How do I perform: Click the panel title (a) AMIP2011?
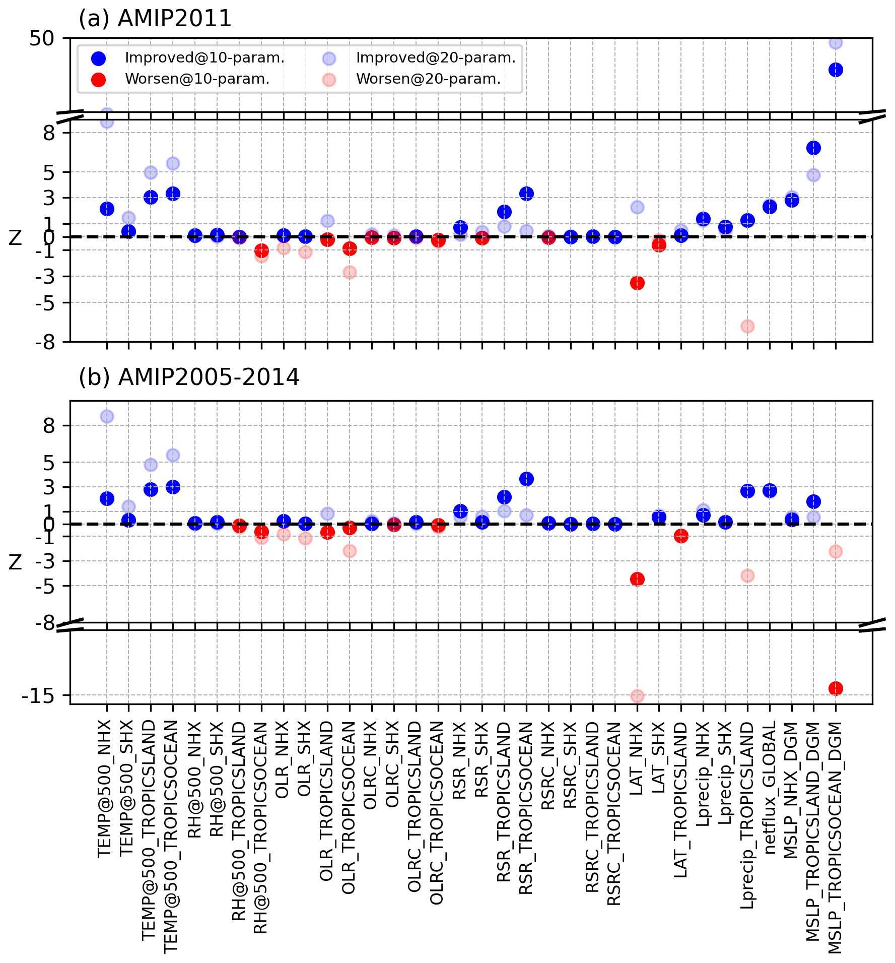155,19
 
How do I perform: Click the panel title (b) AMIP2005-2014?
189,377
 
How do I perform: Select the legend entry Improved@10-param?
204,58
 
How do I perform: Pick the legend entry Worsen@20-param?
428,79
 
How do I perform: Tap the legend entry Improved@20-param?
436,58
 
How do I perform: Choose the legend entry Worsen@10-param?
197,79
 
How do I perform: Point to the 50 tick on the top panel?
41,38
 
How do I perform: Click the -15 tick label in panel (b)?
37,696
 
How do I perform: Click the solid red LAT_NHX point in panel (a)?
637,283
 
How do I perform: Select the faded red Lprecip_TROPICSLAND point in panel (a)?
747,327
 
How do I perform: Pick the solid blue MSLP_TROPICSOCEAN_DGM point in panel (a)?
836,70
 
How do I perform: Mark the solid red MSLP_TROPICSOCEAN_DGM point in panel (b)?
836,688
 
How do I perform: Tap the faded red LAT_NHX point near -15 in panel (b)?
637,696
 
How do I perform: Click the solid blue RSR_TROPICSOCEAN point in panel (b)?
526,479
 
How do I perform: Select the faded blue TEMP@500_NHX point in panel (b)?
107,417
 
